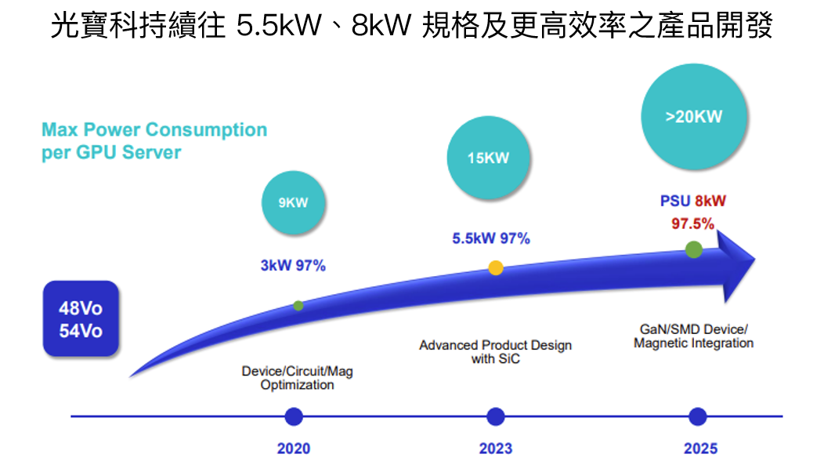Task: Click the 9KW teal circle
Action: [293, 202]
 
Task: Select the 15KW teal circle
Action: [489, 158]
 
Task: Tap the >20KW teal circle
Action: [693, 117]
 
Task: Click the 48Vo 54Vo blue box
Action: [81, 319]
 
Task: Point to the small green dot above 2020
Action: [298, 305]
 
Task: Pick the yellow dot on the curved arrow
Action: [496, 267]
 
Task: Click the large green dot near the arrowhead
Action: [693, 249]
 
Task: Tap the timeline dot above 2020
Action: [294, 416]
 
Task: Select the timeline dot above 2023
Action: [495, 416]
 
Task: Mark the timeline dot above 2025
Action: [697, 416]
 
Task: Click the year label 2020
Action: [294, 449]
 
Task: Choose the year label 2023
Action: [496, 449]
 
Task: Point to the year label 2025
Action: [700, 449]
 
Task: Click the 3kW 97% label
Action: [293, 266]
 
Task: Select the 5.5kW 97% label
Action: [491, 238]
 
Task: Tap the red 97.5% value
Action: [693, 223]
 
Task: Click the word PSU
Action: [675, 202]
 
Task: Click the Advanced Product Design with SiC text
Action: [495, 352]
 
